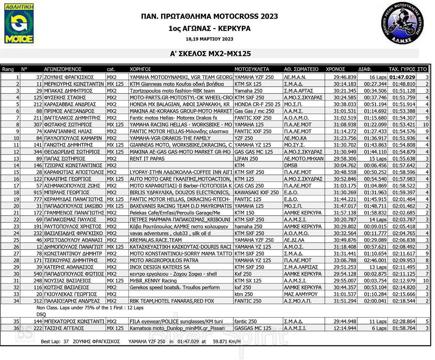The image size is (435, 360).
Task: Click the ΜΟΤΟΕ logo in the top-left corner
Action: [19, 24]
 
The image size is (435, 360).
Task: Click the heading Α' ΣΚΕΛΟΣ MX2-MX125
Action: [211, 54]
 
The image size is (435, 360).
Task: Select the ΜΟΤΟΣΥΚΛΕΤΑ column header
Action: [252, 69]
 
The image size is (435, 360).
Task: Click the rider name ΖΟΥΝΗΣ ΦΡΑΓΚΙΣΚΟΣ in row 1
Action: [69, 77]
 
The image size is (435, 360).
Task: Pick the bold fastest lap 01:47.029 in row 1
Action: [402, 77]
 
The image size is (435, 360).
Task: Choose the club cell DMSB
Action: [291, 165]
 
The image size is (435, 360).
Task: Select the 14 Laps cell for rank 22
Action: [378, 220]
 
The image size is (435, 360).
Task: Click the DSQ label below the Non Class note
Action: [41, 314]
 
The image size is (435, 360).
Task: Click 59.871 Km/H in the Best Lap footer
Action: [227, 342]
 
